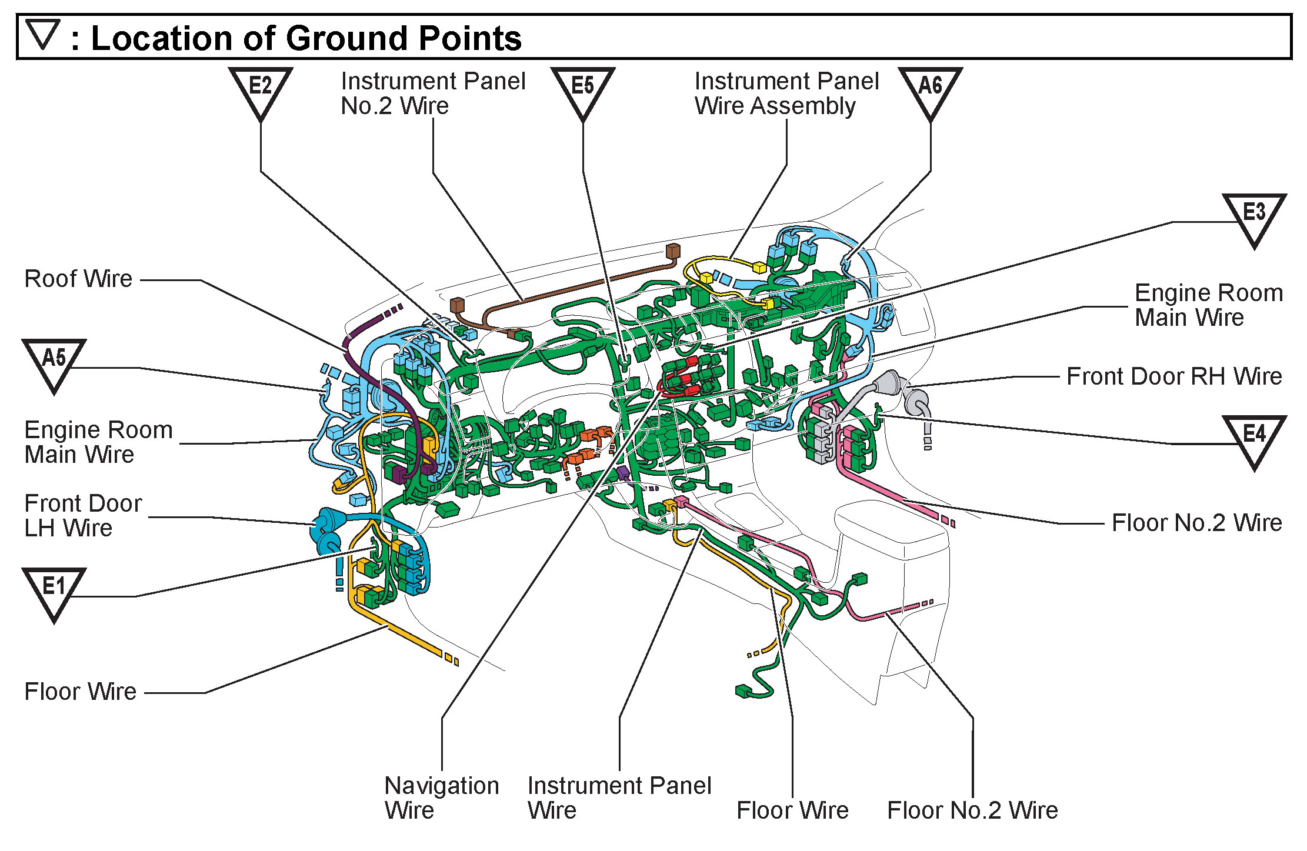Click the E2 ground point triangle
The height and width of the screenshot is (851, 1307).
point(261,89)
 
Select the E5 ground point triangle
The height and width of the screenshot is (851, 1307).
point(582,89)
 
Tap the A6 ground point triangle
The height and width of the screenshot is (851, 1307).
point(930,89)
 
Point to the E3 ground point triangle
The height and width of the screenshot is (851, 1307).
point(1253,216)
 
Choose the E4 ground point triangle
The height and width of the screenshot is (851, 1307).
point(1253,438)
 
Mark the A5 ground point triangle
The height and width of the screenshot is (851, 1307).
point(54,362)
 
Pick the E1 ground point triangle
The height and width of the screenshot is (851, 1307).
point(54,590)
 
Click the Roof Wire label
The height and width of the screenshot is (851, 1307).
point(78,279)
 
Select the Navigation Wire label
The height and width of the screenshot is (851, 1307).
point(441,797)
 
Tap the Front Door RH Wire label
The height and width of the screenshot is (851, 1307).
point(1173,376)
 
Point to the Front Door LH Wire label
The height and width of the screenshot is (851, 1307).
point(82,515)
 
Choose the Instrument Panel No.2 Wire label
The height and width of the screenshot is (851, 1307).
point(433,94)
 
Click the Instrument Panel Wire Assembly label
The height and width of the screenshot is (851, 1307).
point(786,94)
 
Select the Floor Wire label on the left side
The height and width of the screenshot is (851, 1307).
point(81,692)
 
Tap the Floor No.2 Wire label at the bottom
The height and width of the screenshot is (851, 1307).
point(972,810)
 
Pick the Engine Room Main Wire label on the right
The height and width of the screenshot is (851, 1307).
point(1208,305)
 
